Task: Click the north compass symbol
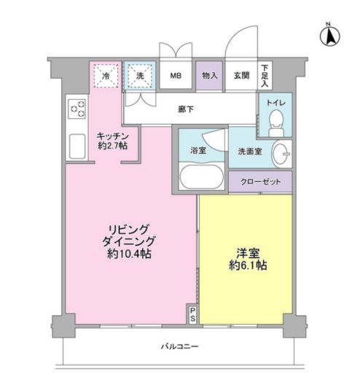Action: [x=329, y=33]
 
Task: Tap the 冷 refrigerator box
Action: [x=106, y=75]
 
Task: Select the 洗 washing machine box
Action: [x=139, y=75]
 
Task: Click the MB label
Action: [x=176, y=75]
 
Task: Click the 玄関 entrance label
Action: [x=240, y=75]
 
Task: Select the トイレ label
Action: [x=275, y=103]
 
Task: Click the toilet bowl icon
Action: [x=275, y=122]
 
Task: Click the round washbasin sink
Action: [x=282, y=154]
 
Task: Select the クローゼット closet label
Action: [x=260, y=182]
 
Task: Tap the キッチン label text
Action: [x=114, y=136]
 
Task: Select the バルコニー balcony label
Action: [x=179, y=347]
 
